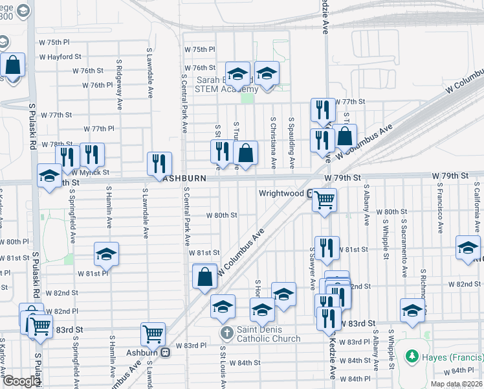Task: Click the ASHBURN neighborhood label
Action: (186, 178)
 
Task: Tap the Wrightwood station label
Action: (281, 193)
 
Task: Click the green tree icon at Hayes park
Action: (411, 357)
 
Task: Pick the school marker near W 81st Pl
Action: (107, 254)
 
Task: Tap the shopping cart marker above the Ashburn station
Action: (153, 335)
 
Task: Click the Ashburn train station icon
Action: (165, 353)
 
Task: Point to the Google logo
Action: (21, 381)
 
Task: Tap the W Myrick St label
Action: (90, 172)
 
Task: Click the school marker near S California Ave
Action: (468, 248)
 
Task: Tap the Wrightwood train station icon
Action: (311, 193)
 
